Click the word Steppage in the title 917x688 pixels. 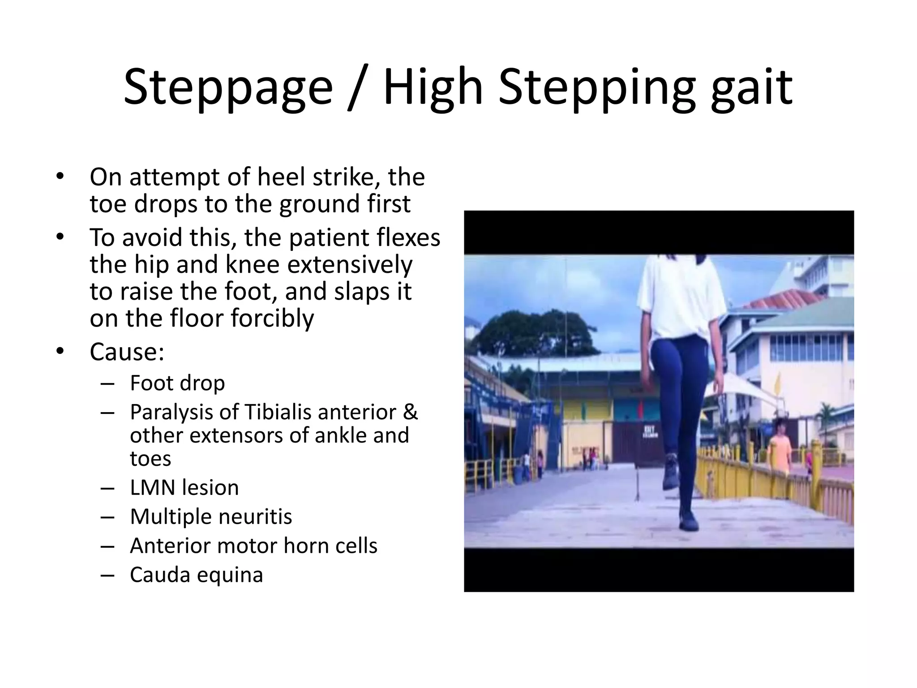tap(228, 87)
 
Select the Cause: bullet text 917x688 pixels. tap(127, 352)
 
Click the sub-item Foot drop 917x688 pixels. tap(177, 383)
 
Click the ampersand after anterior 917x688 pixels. tap(410, 412)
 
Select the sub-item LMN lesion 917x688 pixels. tap(184, 487)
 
